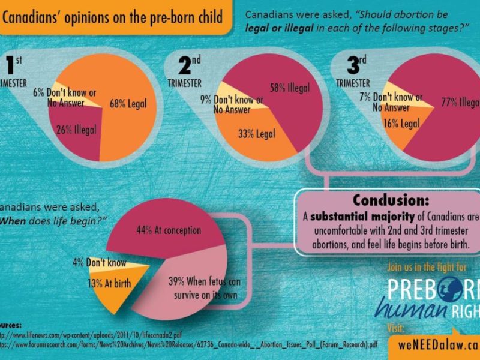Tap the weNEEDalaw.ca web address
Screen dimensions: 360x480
pyautogui.click(x=439, y=346)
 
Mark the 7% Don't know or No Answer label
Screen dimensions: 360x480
pyautogui.click(x=397, y=102)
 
